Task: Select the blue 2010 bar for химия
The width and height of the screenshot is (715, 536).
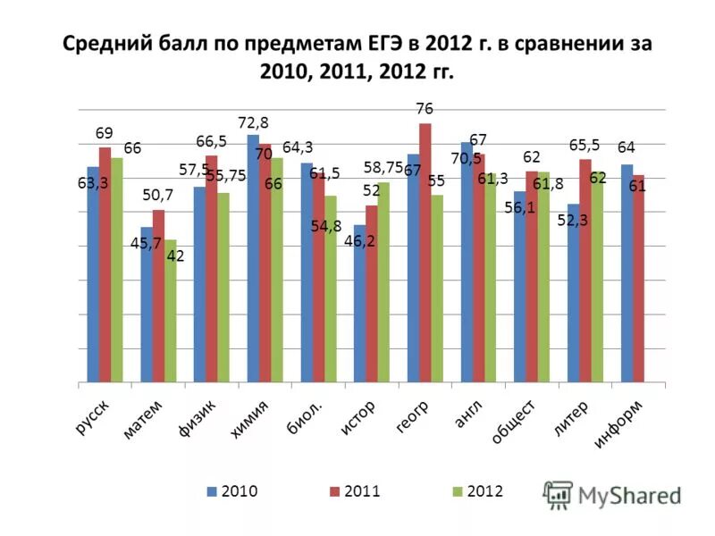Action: pos(253,260)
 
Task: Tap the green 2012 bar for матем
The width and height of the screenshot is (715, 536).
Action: pos(170,313)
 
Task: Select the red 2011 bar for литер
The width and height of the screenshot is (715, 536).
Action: pos(585,272)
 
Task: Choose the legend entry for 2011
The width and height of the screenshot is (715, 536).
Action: pos(356,491)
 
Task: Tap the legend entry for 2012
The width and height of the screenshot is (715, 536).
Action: pos(478,491)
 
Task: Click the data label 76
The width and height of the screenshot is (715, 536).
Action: pos(425,109)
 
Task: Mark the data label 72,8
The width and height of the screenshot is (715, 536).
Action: pos(252,122)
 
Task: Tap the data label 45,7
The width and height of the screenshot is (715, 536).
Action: pos(146,242)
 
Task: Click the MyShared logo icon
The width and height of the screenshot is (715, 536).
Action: pos(559,494)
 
